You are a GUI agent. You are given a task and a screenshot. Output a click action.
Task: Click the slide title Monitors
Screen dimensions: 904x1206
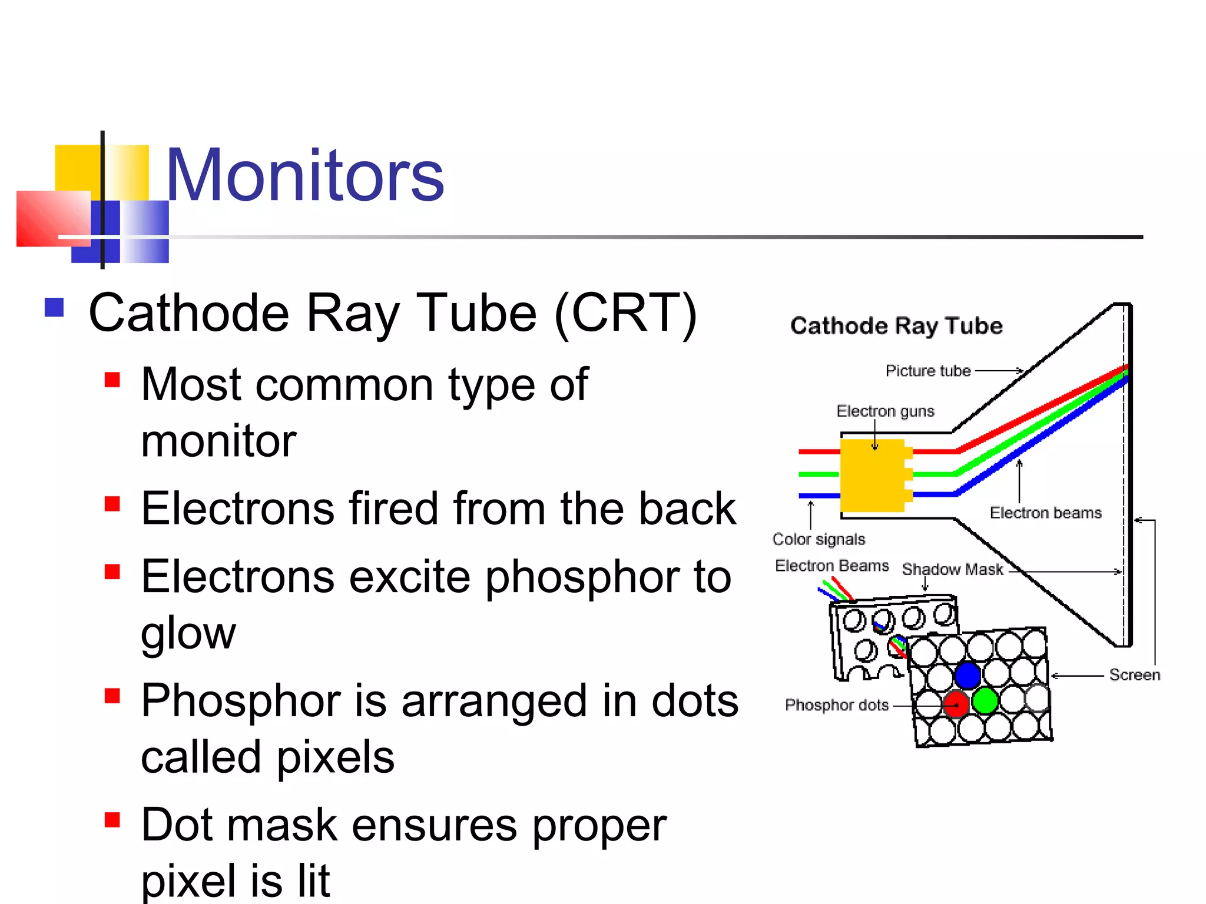pos(304,175)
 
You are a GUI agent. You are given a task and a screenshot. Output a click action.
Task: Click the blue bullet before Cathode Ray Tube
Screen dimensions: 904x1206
pos(54,307)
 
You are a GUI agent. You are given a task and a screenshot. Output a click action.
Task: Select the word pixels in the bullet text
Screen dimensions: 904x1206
pos(335,757)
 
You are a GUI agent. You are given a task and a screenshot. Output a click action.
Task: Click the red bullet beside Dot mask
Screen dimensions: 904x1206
pos(112,820)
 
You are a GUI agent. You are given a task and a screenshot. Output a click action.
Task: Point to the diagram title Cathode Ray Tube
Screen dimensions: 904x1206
pos(896,325)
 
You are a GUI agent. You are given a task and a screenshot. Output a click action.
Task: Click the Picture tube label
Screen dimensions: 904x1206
pos(927,371)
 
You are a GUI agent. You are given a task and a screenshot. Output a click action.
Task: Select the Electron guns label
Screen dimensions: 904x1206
pos(885,411)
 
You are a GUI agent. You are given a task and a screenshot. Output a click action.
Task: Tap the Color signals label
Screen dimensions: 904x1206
pos(819,539)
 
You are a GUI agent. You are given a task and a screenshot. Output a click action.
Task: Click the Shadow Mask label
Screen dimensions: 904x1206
pos(952,570)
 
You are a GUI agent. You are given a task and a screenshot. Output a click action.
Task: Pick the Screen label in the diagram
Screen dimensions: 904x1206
pos(1134,675)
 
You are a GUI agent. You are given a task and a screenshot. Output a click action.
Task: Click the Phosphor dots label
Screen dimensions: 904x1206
pos(836,705)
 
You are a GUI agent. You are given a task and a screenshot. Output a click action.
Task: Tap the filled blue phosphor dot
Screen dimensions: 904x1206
pos(968,675)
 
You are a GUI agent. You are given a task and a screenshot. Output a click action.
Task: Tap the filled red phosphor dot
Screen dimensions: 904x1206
pos(956,704)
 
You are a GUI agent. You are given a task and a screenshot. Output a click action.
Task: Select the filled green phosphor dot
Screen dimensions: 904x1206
pos(985,701)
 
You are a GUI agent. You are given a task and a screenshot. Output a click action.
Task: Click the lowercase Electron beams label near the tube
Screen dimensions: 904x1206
pos(1045,513)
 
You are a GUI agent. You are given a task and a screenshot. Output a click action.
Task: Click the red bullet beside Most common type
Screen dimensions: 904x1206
pos(112,380)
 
